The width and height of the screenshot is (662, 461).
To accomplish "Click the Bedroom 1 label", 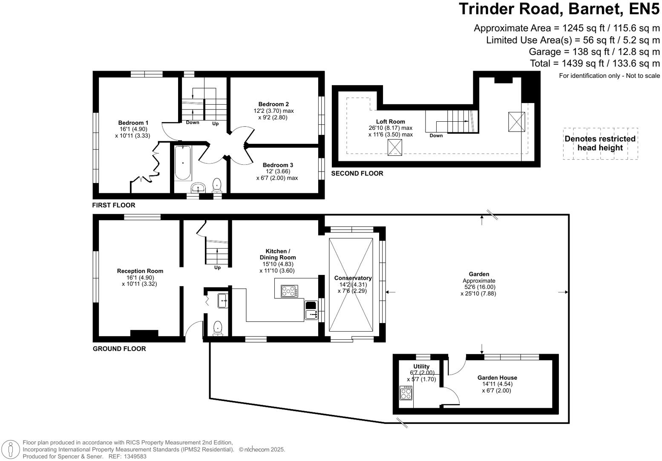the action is [133, 123].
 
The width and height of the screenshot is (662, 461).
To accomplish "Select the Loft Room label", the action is [390, 122].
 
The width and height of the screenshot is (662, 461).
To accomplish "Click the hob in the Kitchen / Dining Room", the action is [289, 291].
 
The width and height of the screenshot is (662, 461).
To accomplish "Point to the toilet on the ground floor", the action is [218, 328].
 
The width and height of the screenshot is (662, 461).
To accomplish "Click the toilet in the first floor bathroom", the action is [217, 185].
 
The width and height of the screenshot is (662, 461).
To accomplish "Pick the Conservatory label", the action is [353, 278].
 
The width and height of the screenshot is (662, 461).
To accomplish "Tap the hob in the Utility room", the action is [406, 392].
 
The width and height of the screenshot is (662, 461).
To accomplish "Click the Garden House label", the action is [497, 378].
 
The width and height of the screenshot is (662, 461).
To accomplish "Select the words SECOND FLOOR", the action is [357, 173].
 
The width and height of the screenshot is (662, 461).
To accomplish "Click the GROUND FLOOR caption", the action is [119, 349].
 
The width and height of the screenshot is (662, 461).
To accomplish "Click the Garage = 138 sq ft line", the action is [594, 52].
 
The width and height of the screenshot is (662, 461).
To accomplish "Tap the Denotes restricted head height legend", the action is [600, 143].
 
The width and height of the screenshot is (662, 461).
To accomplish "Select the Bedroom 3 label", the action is [278, 165].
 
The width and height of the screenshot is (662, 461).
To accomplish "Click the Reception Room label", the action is [140, 271].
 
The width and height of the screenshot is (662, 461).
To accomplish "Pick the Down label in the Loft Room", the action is [436, 136].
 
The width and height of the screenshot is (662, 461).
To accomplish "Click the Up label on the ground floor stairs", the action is [217, 268].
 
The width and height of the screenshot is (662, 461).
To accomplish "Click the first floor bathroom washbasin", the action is [198, 188].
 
